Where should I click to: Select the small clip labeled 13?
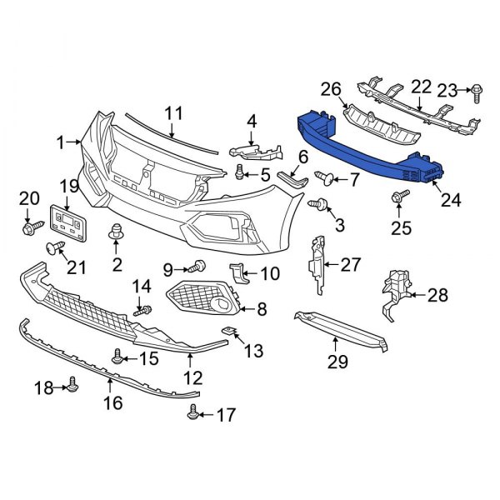[x=227, y=332]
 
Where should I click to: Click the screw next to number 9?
[x=197, y=267]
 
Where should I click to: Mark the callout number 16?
[x=112, y=403]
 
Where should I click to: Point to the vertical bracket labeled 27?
[x=317, y=262]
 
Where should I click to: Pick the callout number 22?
[x=421, y=86]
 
